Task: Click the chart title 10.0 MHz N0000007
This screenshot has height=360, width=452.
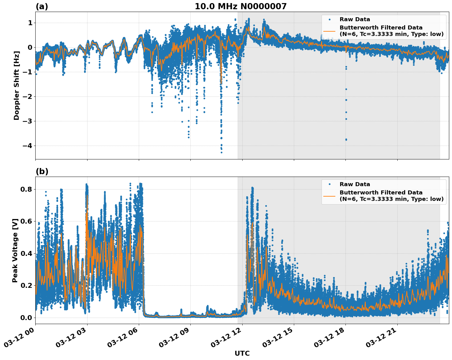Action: (x=240, y=6)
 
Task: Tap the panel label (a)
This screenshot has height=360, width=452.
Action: (x=42, y=6)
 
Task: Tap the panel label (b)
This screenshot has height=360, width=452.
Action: (x=42, y=171)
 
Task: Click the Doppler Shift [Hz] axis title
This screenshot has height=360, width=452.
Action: (x=17, y=85)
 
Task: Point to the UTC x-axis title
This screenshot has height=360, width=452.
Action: (x=242, y=354)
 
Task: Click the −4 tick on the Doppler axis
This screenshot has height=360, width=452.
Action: (x=28, y=146)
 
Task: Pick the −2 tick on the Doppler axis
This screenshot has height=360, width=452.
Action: (x=28, y=96)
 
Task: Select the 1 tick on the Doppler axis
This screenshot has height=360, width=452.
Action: (x=30, y=23)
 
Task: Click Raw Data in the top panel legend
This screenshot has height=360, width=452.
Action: (x=355, y=19)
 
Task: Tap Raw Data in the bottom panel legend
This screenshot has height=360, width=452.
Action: (x=355, y=184)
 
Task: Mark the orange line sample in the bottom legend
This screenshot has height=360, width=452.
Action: (x=329, y=196)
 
